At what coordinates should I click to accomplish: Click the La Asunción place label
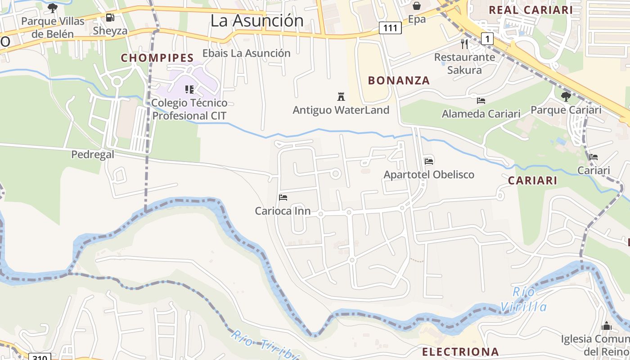(257, 21)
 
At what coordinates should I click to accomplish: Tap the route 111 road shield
(390, 28)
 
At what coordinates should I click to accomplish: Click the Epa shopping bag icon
(417, 6)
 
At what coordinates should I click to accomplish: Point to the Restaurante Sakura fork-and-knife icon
(465, 44)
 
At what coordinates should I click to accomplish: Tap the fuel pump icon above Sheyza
(110, 18)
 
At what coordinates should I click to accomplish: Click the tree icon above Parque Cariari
(566, 96)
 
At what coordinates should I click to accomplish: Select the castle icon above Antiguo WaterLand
(341, 96)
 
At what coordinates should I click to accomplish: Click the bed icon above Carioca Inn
(283, 197)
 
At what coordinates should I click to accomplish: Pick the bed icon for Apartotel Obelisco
(429, 161)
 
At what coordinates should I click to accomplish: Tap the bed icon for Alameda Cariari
(481, 100)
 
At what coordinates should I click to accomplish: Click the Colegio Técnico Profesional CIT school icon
(189, 89)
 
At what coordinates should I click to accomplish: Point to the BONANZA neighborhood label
(399, 81)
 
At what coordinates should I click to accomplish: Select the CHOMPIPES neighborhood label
(157, 58)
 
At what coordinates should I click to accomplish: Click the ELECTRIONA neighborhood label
(460, 351)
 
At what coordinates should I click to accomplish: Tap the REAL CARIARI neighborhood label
(531, 10)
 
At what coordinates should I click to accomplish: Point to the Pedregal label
(93, 154)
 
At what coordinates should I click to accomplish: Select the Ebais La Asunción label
(246, 53)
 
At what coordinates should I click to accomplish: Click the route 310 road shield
(40, 357)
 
